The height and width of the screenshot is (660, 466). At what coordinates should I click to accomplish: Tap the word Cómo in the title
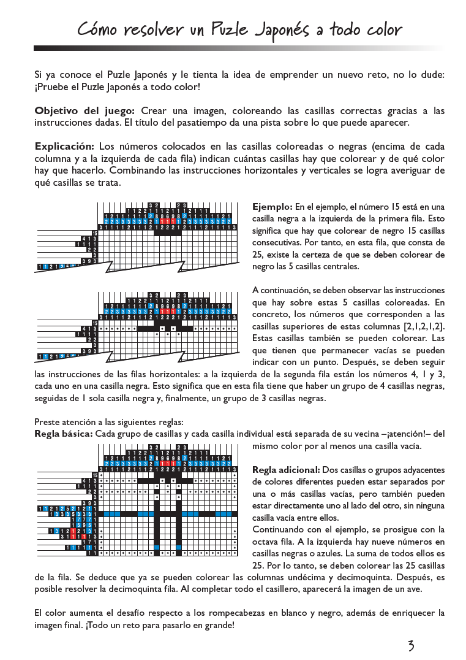tap(98, 29)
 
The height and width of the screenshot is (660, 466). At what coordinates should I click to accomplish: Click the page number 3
tap(411, 645)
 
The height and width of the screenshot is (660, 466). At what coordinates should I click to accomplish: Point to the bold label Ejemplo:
tap(272, 206)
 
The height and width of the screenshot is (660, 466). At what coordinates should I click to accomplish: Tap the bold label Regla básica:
tap(64, 434)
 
